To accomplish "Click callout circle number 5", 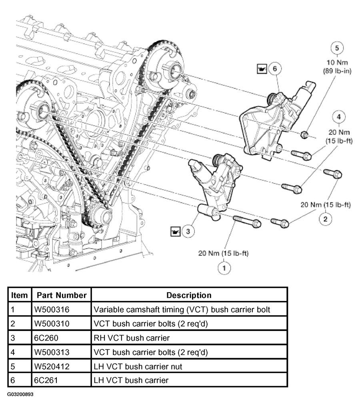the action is pyautogui.click(x=337, y=48).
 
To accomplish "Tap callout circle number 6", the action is pyautogui.click(x=274, y=69).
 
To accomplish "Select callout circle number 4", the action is pyautogui.click(x=339, y=117).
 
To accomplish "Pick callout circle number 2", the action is pyautogui.click(x=326, y=219).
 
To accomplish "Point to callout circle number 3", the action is pyautogui.click(x=188, y=231).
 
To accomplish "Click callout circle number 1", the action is pyautogui.click(x=224, y=268).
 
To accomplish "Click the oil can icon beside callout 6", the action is pyautogui.click(x=262, y=69).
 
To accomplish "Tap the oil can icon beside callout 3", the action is pyautogui.click(x=175, y=231).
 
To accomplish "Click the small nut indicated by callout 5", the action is pyautogui.click(x=304, y=135).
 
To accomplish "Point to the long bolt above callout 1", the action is pyautogui.click(x=247, y=221).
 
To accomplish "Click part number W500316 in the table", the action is pyautogui.click(x=52, y=310).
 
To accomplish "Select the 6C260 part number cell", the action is pyautogui.click(x=46, y=338).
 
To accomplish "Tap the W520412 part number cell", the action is pyautogui.click(x=52, y=367).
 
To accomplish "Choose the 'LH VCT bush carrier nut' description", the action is pyautogui.click(x=138, y=367).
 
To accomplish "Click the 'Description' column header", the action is pyautogui.click(x=189, y=295).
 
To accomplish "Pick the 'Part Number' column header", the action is pyautogui.click(x=62, y=295).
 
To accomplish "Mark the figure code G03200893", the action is pyautogui.click(x=20, y=394).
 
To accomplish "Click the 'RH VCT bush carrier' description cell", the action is pyautogui.click(x=132, y=338).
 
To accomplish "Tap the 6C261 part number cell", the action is pyautogui.click(x=46, y=380).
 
